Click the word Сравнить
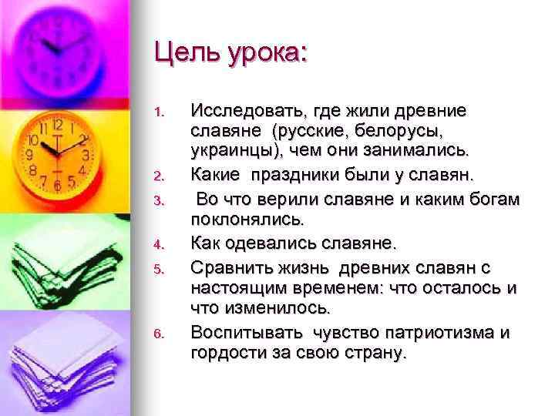click(x=228, y=267)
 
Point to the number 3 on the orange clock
click(x=86, y=154)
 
